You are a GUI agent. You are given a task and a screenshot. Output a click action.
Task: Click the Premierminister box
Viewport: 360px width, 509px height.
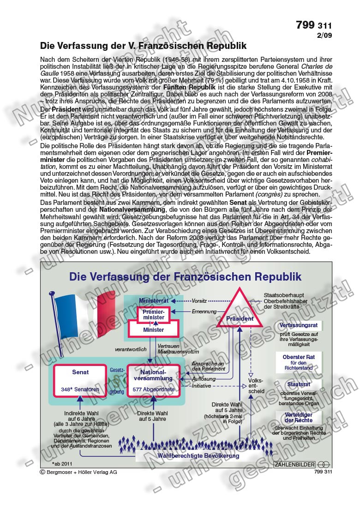pos(153,315)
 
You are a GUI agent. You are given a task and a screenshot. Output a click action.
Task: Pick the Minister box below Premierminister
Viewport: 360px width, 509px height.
pos(153,330)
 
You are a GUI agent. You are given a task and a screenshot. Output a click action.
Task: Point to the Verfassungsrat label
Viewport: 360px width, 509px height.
pos(298,325)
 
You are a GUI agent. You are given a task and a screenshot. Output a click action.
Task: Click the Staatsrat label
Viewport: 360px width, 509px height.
pos(298,384)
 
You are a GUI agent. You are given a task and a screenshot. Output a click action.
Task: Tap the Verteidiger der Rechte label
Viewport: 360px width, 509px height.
pos(298,417)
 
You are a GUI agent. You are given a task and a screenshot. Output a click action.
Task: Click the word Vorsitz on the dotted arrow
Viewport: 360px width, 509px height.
pos(199,300)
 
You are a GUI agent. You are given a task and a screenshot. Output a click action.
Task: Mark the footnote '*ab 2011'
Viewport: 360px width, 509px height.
pos(62,463)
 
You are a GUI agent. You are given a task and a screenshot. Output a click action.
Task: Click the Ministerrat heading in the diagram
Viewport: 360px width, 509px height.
pos(153,300)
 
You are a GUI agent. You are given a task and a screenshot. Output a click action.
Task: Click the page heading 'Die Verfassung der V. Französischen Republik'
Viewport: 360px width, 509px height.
pos(143,46)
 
